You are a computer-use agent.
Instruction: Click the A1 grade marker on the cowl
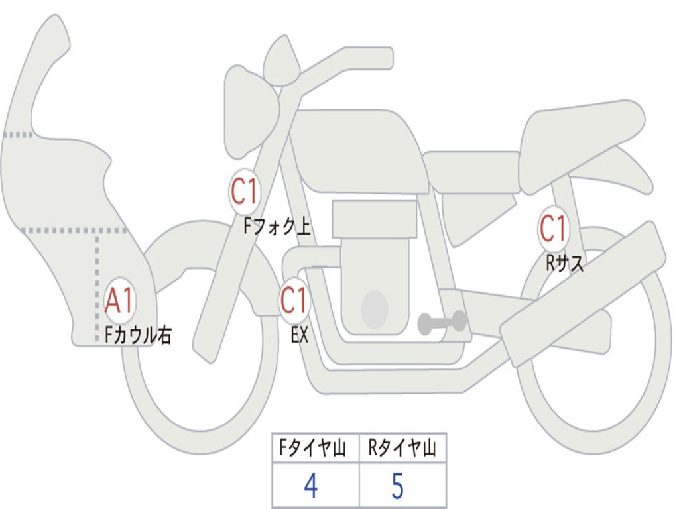[120, 302]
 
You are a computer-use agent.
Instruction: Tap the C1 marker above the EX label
[294, 301]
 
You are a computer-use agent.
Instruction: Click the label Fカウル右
[139, 335]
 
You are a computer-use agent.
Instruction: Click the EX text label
[300, 335]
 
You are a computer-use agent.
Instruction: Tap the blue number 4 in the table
[310, 487]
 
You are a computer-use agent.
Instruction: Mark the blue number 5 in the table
[397, 487]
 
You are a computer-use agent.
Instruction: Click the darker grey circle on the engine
[375, 309]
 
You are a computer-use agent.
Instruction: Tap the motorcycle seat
[580, 136]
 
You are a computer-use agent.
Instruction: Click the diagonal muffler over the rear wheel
[584, 292]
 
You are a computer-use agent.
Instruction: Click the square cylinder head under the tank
[375, 219]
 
